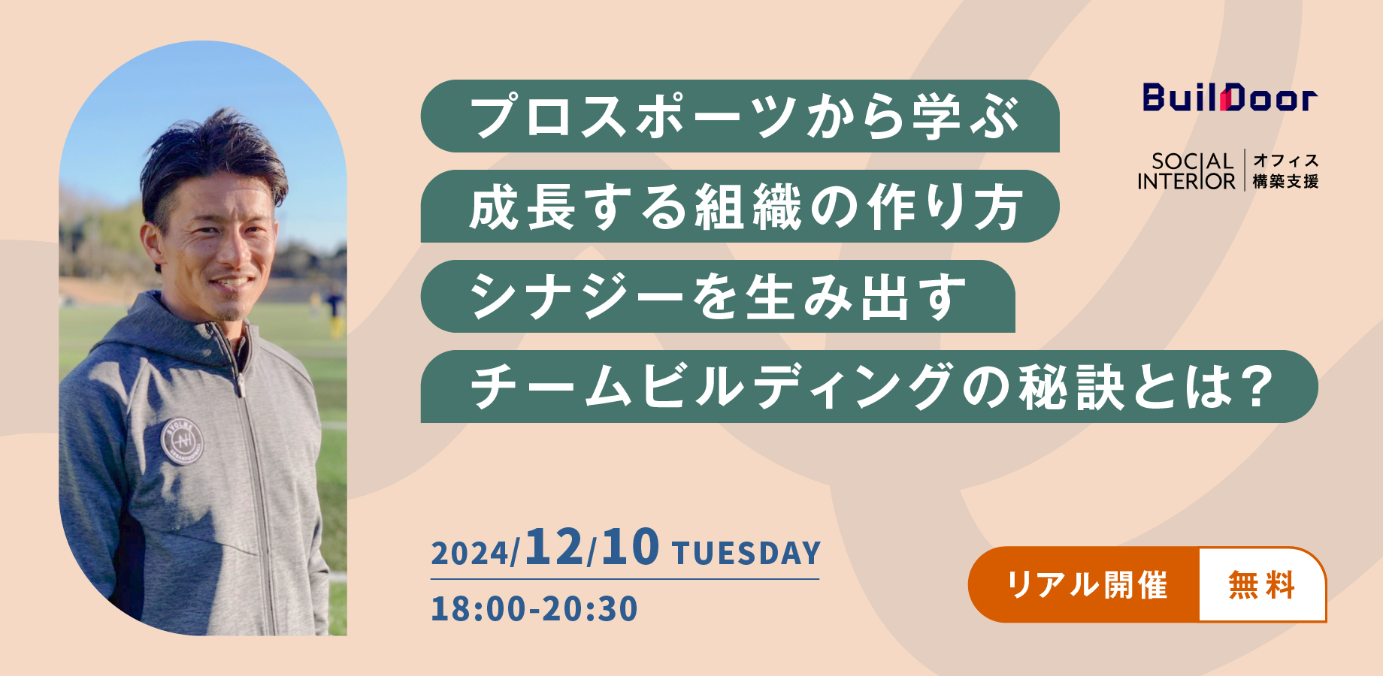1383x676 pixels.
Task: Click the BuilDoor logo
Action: pyautogui.click(x=1230, y=98)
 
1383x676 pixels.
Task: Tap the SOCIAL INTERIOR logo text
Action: pyautogui.click(x=1186, y=171)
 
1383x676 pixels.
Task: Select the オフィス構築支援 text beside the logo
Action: pyautogui.click(x=1285, y=171)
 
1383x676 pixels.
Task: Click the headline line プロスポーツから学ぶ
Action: pyautogui.click(x=745, y=116)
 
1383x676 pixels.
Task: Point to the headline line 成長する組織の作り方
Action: pyautogui.click(x=746, y=207)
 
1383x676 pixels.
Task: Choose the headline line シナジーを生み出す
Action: pyautogui.click(x=718, y=297)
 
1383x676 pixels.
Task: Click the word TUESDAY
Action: pyautogui.click(x=746, y=554)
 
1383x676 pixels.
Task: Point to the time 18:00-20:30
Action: pyautogui.click(x=534, y=608)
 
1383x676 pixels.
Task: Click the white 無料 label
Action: pyautogui.click(x=1261, y=584)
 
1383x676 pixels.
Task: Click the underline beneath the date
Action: pyautogui.click(x=625, y=579)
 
